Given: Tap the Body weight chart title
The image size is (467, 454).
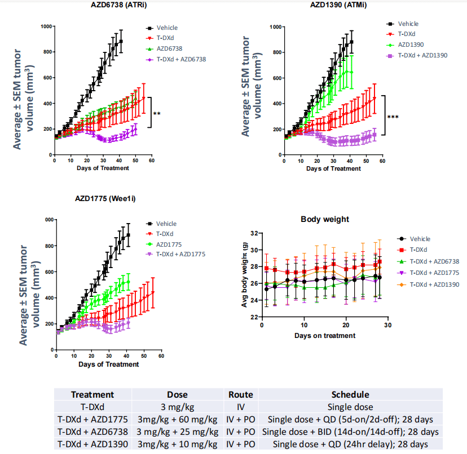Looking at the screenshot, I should click(325, 219).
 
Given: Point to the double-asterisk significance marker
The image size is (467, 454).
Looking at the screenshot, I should click(157, 114).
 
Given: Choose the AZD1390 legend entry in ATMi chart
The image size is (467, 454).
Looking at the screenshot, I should click(413, 43).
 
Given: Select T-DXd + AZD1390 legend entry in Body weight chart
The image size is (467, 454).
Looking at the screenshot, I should click(435, 284).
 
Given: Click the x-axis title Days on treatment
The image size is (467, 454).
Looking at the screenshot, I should click(324, 336).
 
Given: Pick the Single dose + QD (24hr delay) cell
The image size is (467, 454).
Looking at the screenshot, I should click(350, 444).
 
